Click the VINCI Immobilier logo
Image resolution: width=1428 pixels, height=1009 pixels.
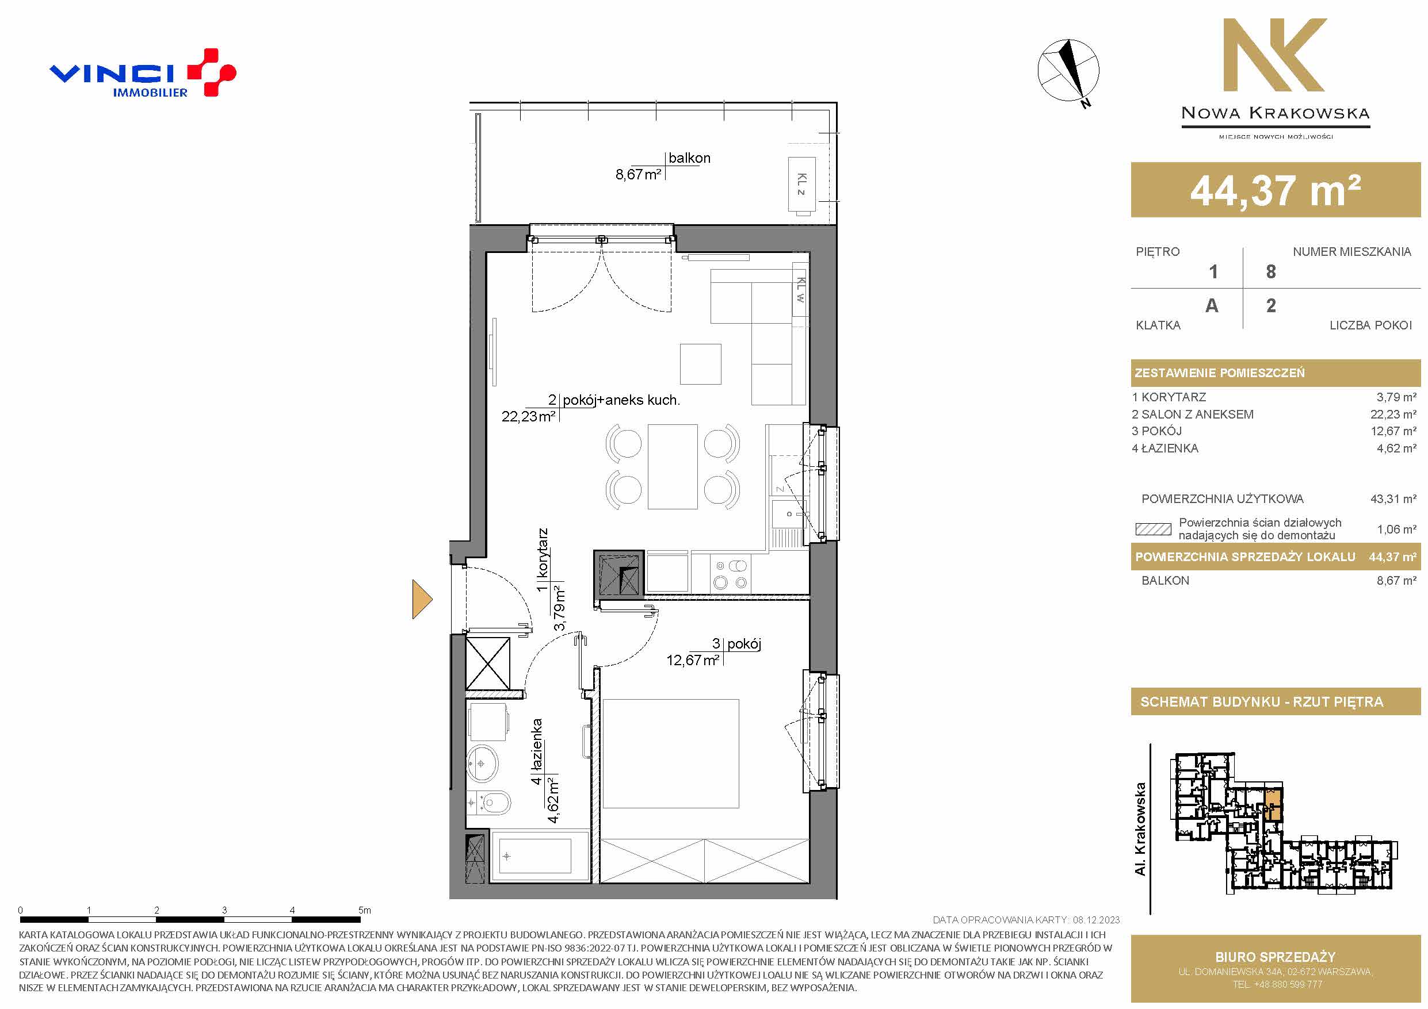[x=143, y=73]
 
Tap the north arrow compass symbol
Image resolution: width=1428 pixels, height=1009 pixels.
[x=1068, y=70]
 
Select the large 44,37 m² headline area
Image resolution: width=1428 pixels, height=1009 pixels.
[x=1276, y=190]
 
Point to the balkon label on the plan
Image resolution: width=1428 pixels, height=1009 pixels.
[x=689, y=158]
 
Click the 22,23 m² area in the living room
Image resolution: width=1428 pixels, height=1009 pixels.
[x=528, y=416]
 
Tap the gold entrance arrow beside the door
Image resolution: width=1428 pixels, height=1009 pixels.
[x=422, y=599]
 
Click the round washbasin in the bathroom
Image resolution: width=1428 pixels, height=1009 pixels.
[x=482, y=764]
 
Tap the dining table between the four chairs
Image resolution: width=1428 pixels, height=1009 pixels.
[x=673, y=466]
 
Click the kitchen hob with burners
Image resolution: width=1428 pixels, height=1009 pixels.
[x=730, y=574]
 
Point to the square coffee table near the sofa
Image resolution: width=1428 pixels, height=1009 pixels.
[x=700, y=365]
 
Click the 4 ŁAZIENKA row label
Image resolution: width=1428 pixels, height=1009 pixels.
[x=1165, y=448]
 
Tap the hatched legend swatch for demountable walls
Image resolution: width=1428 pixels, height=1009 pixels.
[x=1153, y=530]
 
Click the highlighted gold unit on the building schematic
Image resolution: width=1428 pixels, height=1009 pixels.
[x=1273, y=804]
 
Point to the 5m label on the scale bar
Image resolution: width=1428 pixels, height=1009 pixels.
[x=364, y=910]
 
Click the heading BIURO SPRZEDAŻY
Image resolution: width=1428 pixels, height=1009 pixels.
[x=1276, y=957]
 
